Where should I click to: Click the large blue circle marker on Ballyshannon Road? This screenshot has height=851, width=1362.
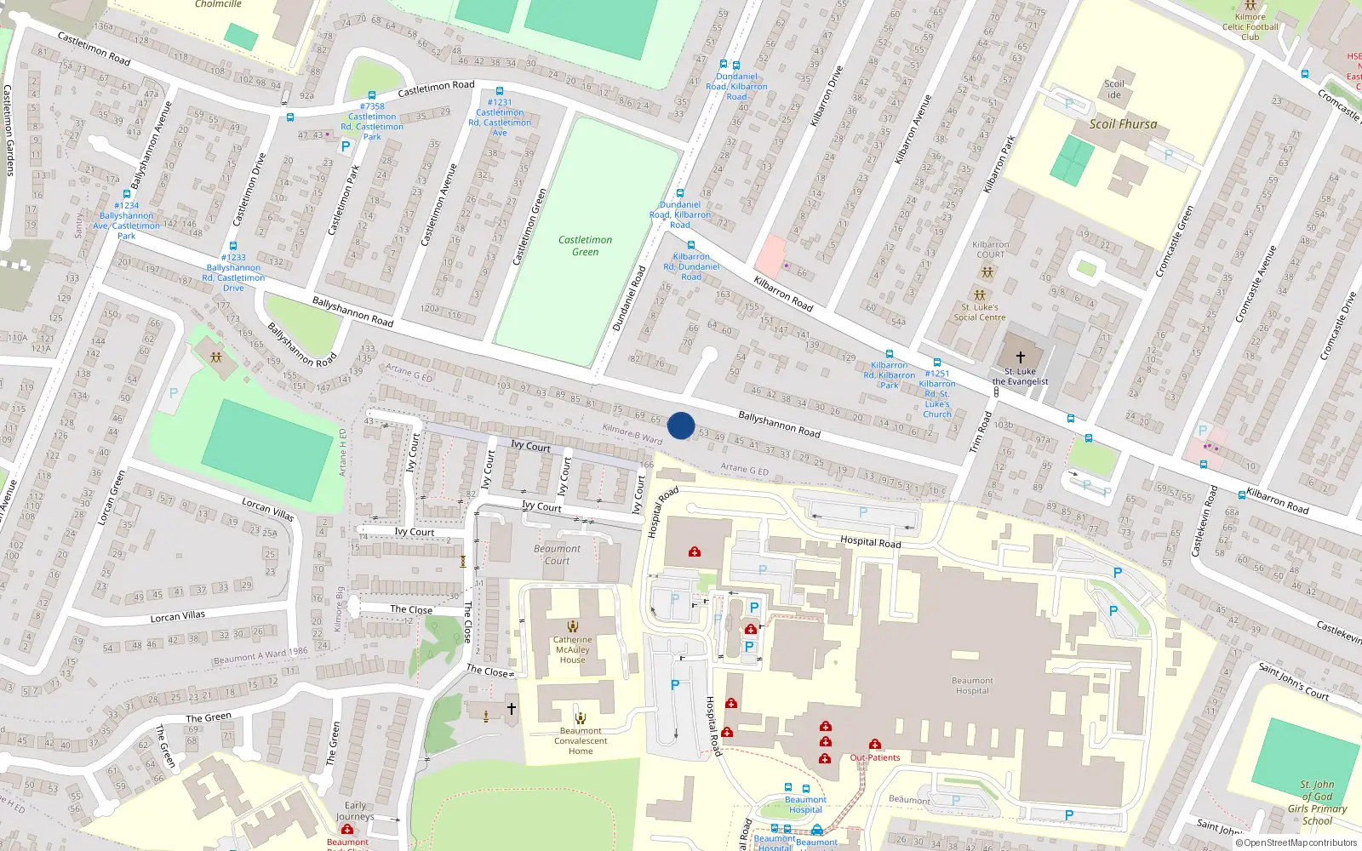click(681, 425)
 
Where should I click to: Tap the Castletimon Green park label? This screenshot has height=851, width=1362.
click(585, 246)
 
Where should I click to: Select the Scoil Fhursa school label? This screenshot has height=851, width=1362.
click(1123, 124)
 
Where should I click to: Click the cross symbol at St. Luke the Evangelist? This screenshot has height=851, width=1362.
click(1020, 357)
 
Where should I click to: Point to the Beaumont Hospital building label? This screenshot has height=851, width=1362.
click(972, 686)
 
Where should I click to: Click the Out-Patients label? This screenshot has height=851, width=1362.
click(874, 757)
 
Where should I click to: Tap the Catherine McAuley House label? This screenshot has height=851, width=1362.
click(572, 649)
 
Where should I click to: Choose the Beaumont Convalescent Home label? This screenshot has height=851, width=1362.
click(581, 740)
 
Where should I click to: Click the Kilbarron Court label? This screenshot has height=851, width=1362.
click(990, 249)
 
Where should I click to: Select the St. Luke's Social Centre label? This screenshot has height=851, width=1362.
click(979, 312)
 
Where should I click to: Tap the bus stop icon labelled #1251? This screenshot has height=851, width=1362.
click(937, 363)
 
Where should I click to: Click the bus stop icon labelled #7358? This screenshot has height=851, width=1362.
click(372, 95)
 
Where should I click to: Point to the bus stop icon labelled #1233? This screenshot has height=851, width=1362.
click(233, 246)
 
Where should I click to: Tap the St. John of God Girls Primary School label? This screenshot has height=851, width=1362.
click(1317, 802)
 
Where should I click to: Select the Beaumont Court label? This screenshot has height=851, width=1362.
click(557, 555)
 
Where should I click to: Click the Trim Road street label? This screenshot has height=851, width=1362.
click(981, 431)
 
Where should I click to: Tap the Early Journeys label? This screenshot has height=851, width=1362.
click(355, 811)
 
